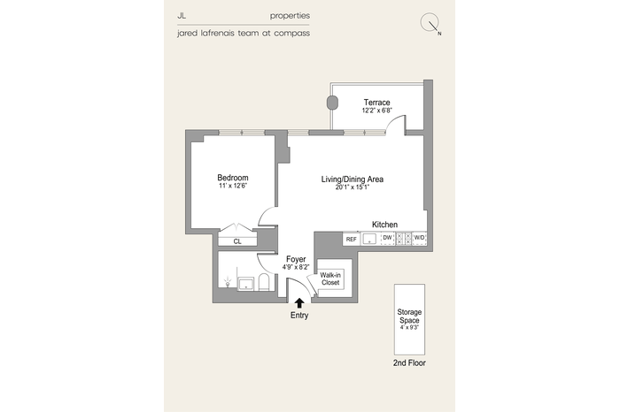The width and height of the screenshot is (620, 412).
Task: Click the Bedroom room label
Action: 233,178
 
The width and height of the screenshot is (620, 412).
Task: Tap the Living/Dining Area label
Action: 352,179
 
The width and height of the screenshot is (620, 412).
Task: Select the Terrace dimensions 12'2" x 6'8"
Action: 376,111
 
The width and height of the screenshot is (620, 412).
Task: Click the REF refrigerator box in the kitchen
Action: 351,239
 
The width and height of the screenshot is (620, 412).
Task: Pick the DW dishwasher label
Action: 388,238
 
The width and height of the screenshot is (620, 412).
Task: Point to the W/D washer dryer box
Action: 419,239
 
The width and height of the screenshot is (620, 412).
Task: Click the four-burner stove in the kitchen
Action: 404,239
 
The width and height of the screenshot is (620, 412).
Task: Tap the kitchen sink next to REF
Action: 369,239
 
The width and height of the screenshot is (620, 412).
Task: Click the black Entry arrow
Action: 299,303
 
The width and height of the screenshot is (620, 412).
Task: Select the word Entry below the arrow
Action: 299,316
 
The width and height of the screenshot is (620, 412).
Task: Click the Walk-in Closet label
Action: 330,278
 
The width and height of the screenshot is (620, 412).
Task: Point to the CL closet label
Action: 237,241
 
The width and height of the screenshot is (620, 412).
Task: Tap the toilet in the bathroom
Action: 264,282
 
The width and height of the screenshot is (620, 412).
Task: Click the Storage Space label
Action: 409,317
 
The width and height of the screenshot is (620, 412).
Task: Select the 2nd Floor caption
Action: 409,363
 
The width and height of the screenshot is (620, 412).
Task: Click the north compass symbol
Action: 430,23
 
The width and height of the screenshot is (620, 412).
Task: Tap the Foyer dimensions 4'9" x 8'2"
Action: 296,267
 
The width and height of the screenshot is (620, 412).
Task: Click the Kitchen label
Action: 384,225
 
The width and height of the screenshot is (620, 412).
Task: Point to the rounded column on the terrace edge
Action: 332,103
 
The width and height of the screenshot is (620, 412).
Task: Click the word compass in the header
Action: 291,33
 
